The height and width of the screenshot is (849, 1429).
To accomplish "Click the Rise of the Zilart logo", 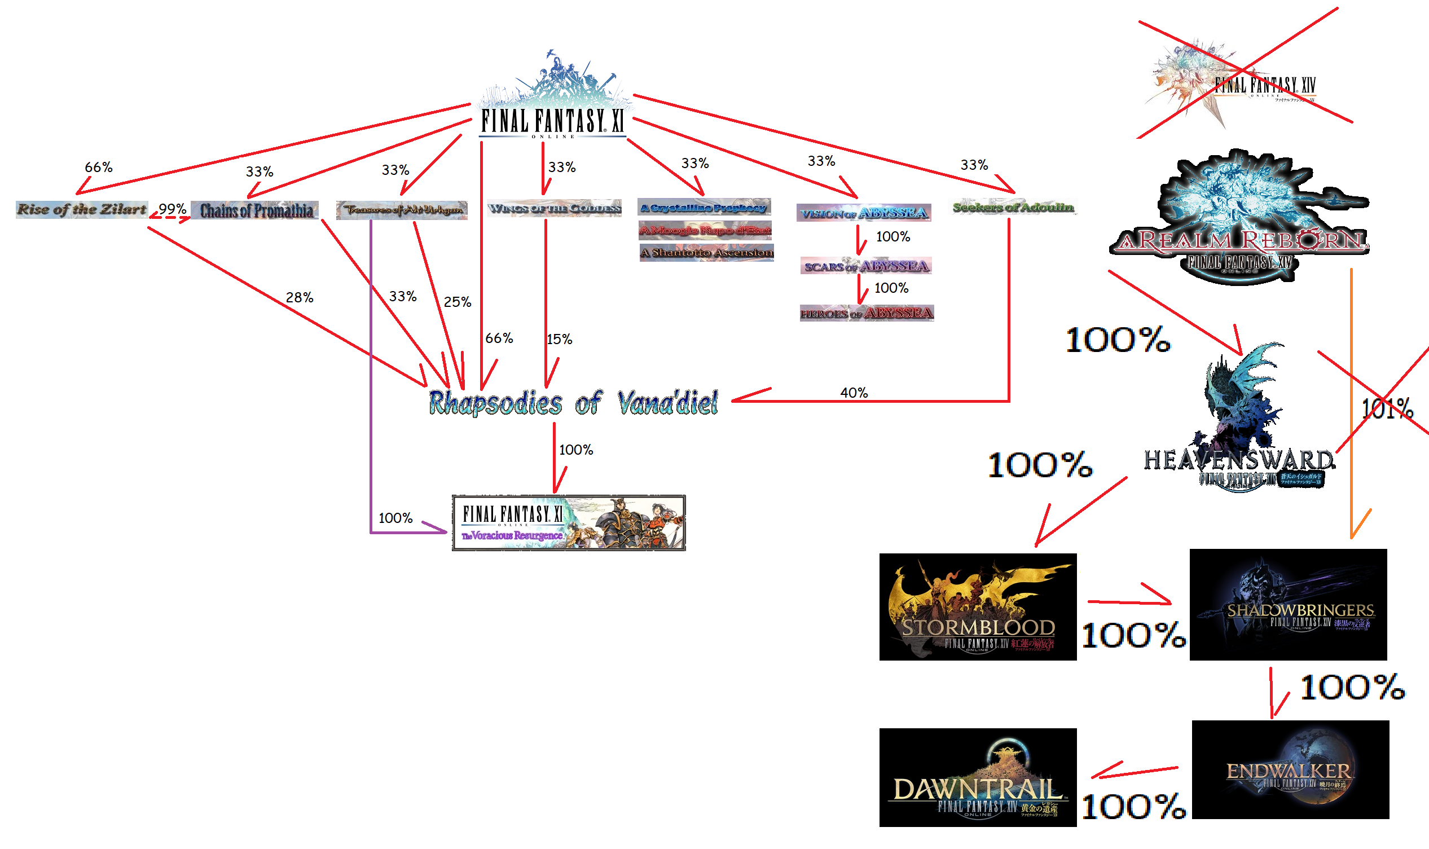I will point(82,209).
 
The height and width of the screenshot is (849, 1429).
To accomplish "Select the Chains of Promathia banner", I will point(255,210).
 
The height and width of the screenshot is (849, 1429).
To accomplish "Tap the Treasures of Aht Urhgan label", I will point(402,210).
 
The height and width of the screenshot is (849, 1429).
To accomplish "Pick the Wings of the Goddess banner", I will point(554,208).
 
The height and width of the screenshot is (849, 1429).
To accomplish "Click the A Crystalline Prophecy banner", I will point(704,207).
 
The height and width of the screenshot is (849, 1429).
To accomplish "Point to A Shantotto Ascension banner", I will point(706,252).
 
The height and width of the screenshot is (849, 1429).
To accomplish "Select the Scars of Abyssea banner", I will point(865,266).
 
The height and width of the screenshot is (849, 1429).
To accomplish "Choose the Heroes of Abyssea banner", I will point(866,313).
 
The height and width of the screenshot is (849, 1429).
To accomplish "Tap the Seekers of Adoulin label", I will point(1013,206).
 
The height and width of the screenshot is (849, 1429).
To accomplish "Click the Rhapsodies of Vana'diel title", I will point(573,403).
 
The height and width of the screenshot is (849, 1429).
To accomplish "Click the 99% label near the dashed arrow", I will point(172,209).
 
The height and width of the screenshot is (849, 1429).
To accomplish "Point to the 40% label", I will point(854,393).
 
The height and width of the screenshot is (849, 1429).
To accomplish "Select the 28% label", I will point(299,297).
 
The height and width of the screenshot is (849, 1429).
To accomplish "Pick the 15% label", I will point(559,339).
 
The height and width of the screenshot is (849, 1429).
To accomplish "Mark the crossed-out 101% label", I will point(1387,408).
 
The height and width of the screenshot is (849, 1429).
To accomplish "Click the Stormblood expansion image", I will point(978,607).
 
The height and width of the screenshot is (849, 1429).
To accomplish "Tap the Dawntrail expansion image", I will point(978,777).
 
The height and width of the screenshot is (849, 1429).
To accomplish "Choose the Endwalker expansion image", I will point(1290,769).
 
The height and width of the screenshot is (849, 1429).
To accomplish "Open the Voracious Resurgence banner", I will point(569,523).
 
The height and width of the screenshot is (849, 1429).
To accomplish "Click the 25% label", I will point(457,302).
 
